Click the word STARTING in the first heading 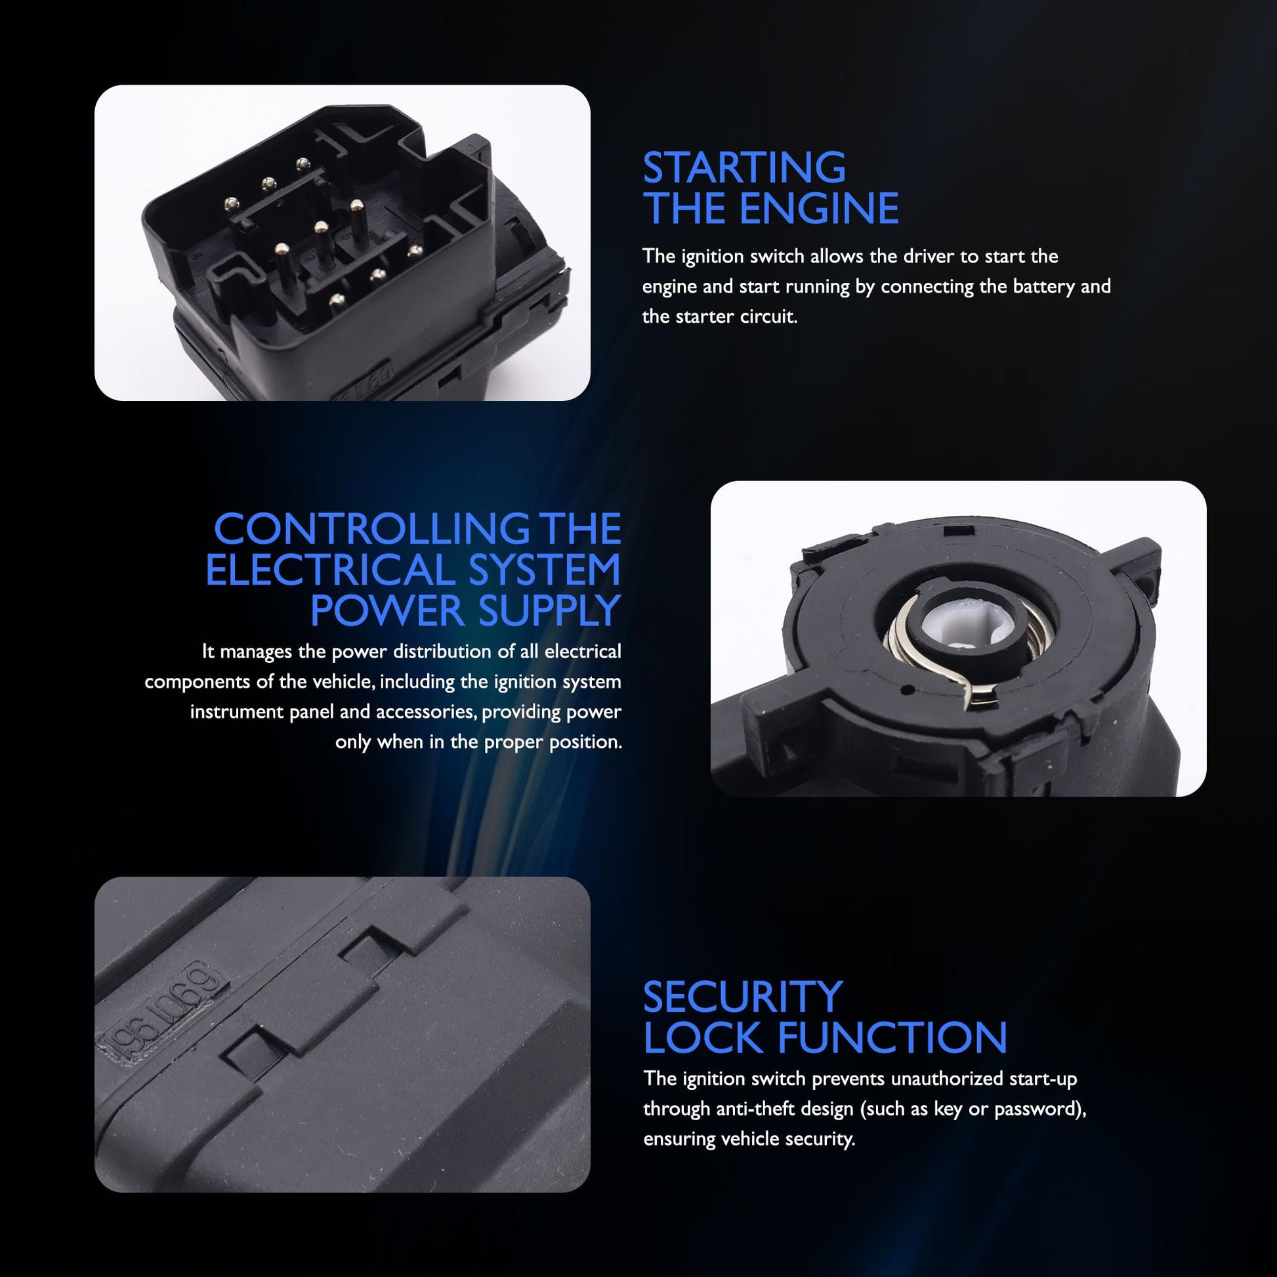coord(744,168)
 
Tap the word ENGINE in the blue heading coord(819,209)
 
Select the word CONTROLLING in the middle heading coord(372,529)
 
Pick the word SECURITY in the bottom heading coord(743,997)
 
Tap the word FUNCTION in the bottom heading coord(892,1037)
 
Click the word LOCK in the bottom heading coord(703,1037)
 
